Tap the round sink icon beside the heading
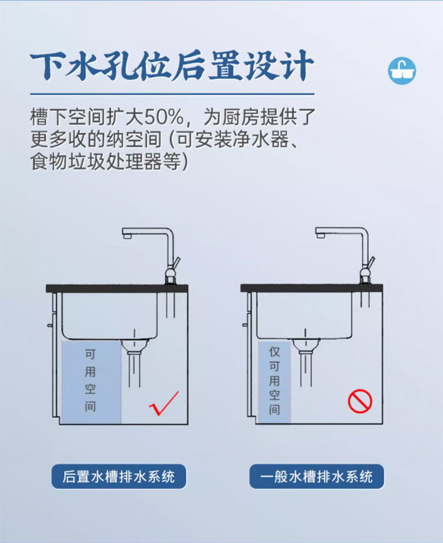402,71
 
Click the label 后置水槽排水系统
118,476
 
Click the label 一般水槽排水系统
316,476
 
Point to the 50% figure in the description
164,117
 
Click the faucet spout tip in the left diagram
127,235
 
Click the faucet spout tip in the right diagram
320,235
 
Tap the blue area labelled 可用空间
91,382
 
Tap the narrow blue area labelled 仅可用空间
274,382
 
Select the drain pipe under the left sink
135,364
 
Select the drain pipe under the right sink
306,364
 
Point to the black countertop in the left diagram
117,289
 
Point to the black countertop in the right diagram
312,288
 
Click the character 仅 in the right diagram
274,351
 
